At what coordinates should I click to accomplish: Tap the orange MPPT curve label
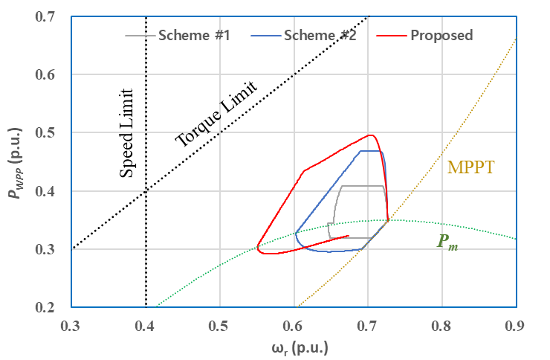pos(470,167)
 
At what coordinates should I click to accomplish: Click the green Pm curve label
pos(447,242)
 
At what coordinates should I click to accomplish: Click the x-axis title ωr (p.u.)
pos(294,347)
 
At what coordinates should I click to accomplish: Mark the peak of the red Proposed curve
pos(369,135)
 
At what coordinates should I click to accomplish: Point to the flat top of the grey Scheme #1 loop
pos(362,186)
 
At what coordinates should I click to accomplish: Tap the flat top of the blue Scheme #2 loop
pos(371,151)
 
